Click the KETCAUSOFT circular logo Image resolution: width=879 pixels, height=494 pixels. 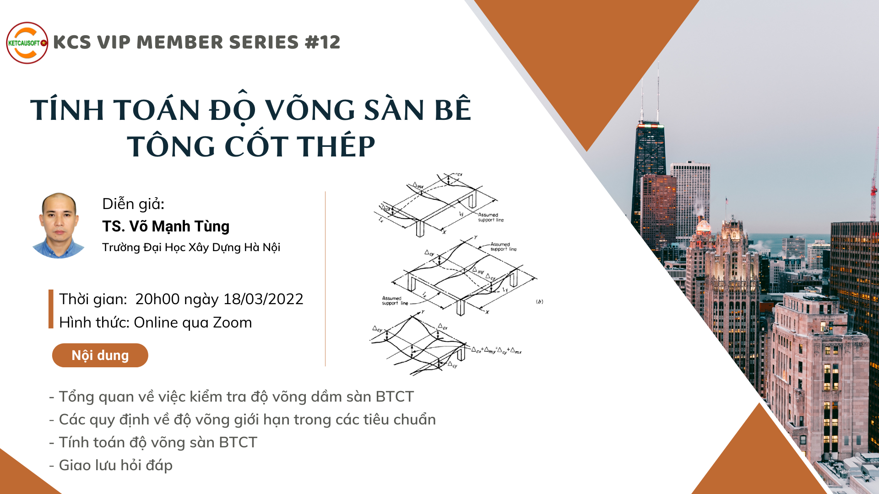point(27,43)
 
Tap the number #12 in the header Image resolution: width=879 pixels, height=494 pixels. point(323,43)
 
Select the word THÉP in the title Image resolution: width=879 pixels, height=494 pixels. point(336,146)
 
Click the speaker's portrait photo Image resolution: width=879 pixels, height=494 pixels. point(59,226)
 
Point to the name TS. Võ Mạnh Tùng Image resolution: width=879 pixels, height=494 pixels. point(166,226)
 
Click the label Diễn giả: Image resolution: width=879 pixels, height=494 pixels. point(133,204)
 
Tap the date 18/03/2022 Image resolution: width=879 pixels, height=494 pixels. point(263,299)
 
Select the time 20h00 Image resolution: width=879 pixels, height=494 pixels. point(157,299)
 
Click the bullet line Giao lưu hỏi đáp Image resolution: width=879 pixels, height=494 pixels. point(111,465)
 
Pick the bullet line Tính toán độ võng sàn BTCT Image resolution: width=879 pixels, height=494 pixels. point(153,442)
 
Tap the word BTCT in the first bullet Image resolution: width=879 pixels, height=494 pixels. point(395,397)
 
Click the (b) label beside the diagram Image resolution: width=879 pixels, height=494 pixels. point(540,302)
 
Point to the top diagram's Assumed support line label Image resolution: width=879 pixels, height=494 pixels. point(491,217)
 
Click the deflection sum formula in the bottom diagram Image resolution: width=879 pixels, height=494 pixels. point(497,351)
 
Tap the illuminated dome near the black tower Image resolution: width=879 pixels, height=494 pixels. point(703,225)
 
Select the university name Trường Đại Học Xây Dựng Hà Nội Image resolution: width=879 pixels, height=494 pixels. point(191,247)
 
